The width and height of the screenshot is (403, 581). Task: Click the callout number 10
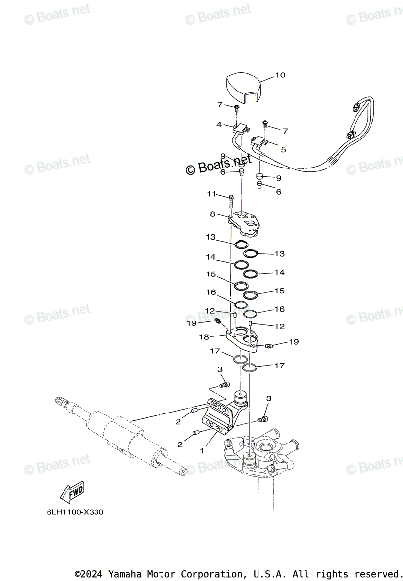tap(280, 75)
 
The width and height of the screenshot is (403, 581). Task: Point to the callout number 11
tap(211, 194)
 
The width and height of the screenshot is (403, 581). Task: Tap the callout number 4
tap(219, 124)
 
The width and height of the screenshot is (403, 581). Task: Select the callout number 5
tap(283, 150)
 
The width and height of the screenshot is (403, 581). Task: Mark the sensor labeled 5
tap(259, 142)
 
